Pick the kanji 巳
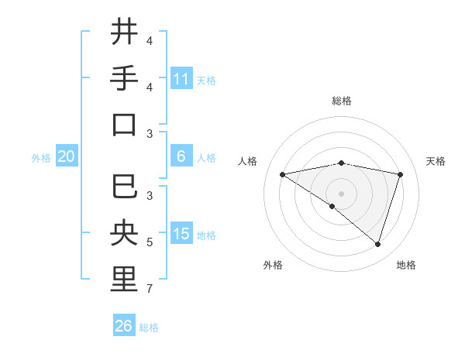coord(125,186)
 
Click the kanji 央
coord(125,232)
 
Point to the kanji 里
coord(125,279)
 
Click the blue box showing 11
coord(181,78)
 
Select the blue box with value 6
coord(181,156)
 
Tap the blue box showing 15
coord(181,234)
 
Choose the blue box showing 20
coord(66,156)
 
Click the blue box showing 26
coord(124,326)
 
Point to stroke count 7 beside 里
coord(149,290)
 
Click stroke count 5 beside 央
coord(149,242)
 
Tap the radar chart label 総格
coord(341,101)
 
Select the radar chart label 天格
coord(436,161)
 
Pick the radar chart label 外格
coord(273,265)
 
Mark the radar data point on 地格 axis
coord(377,244)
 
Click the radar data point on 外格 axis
coord(332,206)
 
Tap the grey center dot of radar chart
coord(341,193)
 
